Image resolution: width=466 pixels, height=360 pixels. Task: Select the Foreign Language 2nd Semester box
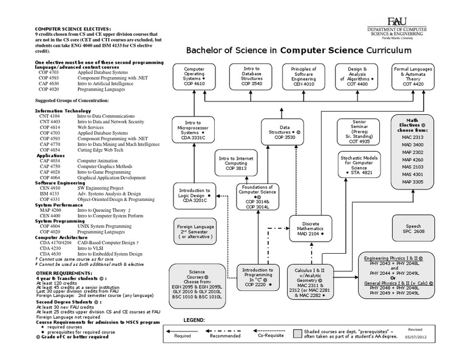pyautogui.click(x=195, y=233)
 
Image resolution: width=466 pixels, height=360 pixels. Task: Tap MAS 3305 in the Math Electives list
pyautogui.click(x=413, y=182)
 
